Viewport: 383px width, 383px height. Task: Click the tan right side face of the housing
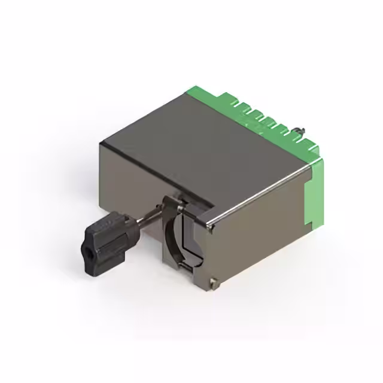pos(263,239)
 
